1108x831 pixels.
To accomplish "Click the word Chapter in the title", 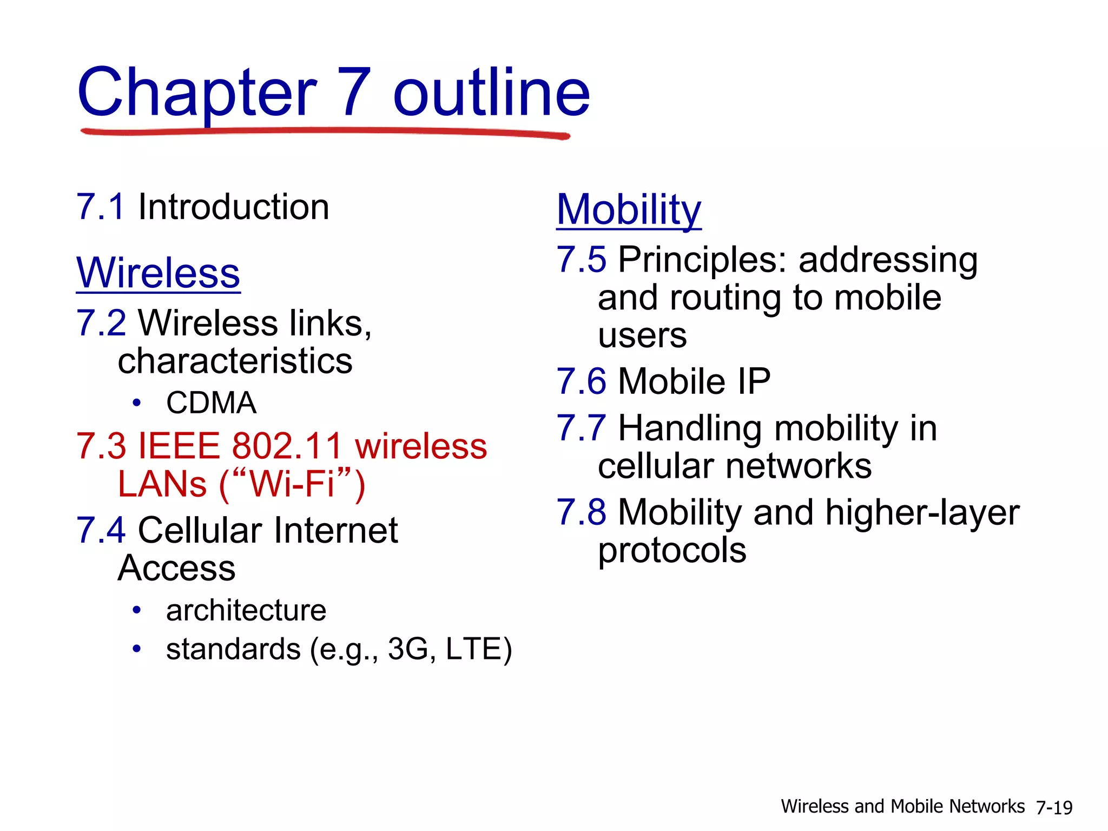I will (197, 93).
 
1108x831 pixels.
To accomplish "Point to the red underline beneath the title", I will (325, 132).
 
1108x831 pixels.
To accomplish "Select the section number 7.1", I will (101, 207).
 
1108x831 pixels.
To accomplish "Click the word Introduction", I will (234, 207).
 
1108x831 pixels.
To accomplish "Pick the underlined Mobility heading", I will (629, 209).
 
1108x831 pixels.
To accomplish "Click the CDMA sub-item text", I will (211, 403).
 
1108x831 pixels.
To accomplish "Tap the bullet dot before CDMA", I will (137, 403).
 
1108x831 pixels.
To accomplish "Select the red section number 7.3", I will (101, 446).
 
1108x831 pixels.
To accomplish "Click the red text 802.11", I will (287, 446).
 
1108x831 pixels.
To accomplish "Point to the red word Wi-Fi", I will (292, 484).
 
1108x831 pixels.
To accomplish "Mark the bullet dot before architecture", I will (137, 610).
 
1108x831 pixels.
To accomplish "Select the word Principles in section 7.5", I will (701, 260).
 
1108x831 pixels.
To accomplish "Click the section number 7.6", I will (581, 381).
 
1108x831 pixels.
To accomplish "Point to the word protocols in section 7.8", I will (672, 551).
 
